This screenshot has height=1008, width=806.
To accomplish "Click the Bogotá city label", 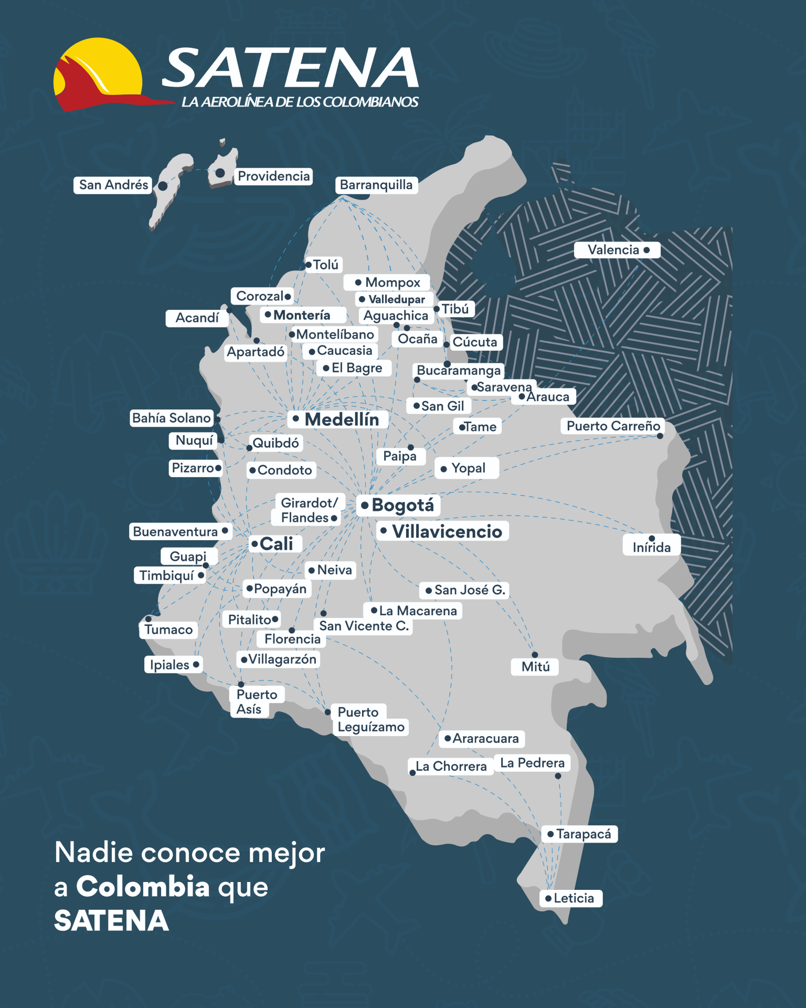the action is click(x=402, y=505).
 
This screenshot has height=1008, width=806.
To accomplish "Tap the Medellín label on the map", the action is click(x=342, y=419).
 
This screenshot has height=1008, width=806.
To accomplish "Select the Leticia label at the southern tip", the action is click(x=574, y=898).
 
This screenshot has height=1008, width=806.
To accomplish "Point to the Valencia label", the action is click(x=613, y=250).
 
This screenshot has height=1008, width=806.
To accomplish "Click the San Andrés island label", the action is click(x=113, y=185).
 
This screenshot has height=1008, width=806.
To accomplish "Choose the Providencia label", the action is click(x=273, y=176).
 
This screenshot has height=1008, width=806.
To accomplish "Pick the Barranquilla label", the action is click(x=376, y=185).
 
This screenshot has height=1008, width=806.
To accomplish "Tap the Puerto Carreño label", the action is click(x=613, y=426).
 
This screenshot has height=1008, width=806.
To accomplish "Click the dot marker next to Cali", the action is click(x=254, y=543).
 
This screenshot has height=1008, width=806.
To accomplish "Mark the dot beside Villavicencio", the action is click(x=384, y=531).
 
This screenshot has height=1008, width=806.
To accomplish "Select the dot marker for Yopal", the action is click(x=444, y=469).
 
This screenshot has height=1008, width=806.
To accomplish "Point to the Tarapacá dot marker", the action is click(x=550, y=834).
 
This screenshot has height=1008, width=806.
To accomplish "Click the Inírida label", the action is click(x=651, y=548).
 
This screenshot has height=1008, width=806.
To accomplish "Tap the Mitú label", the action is click(x=535, y=667).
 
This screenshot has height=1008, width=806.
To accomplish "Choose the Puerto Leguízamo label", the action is click(x=370, y=720).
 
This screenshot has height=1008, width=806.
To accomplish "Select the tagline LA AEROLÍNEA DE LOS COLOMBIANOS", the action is click(x=300, y=102).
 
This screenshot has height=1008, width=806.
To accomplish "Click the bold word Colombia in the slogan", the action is click(x=143, y=887).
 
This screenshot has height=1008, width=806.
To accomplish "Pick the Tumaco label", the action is click(x=168, y=629).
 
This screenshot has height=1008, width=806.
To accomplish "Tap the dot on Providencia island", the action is click(x=220, y=173).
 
